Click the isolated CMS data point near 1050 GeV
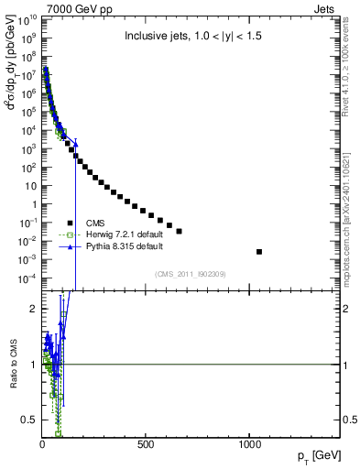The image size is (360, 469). pos(259,251)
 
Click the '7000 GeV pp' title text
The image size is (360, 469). pos(66,8)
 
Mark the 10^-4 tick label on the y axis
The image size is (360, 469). pos(27,278)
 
